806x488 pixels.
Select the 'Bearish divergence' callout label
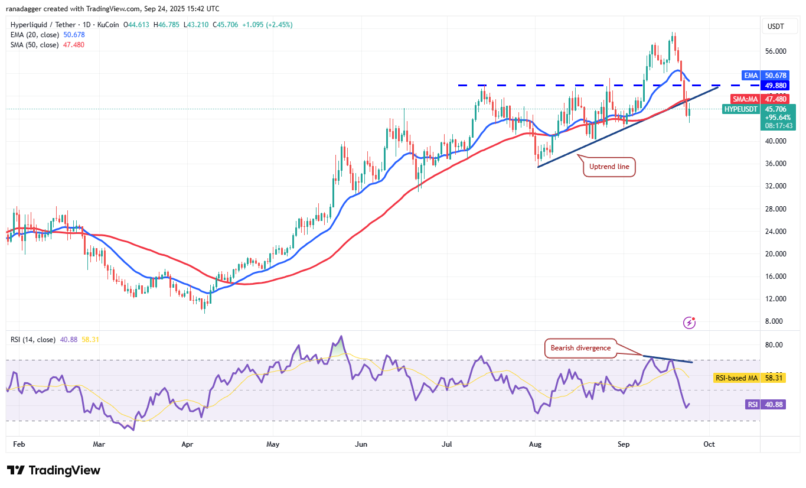[x=580, y=348]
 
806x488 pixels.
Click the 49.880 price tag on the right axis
[x=774, y=85]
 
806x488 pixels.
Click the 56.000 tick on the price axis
[x=775, y=51]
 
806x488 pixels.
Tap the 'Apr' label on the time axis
[x=187, y=444]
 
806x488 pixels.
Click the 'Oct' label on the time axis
[x=709, y=444]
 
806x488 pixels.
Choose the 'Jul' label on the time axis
[x=446, y=444]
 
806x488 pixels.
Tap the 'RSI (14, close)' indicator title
[x=33, y=340]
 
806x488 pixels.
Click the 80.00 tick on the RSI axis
[x=775, y=345]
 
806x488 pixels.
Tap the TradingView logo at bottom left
[x=54, y=470]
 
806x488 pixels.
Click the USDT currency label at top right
[x=775, y=26]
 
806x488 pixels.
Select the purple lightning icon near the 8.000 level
[x=689, y=323]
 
